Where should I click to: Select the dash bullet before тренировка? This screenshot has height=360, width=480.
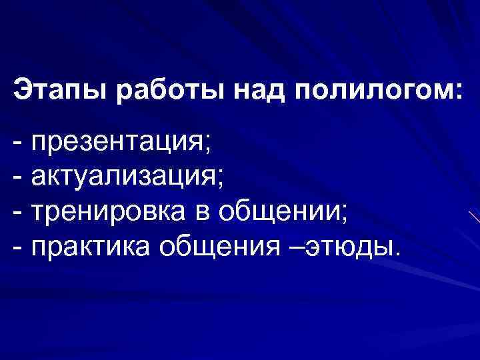click(x=18, y=213)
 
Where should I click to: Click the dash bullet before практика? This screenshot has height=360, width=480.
click(x=18, y=247)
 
